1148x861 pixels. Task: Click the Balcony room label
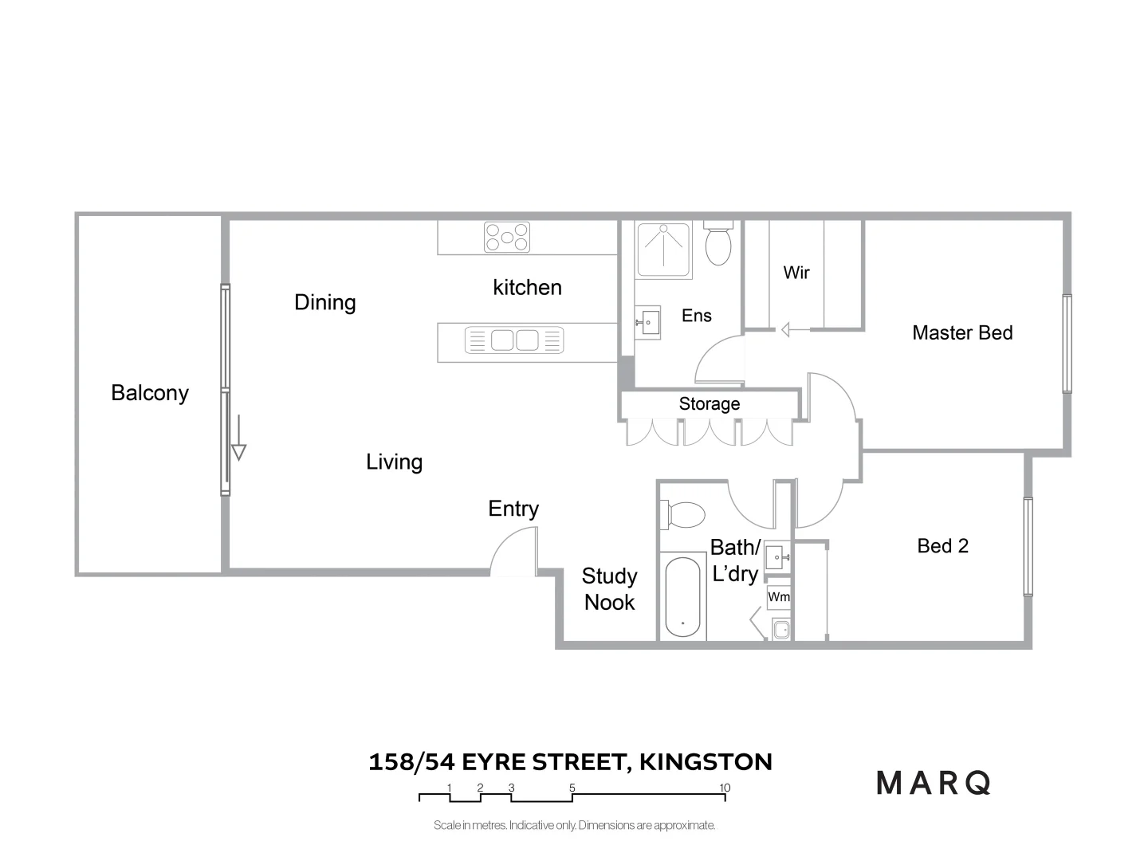click(x=150, y=393)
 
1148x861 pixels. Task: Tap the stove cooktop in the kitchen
click(x=507, y=237)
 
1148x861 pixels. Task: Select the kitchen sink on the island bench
click(x=514, y=340)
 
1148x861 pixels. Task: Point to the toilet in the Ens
click(x=718, y=245)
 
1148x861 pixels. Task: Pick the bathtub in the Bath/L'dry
click(x=682, y=597)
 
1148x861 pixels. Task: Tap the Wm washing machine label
click(x=779, y=597)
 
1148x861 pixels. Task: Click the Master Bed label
click(x=962, y=332)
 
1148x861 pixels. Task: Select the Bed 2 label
click(x=942, y=546)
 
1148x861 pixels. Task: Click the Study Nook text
click(x=609, y=589)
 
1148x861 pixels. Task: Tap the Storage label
click(x=709, y=404)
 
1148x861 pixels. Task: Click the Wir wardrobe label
click(x=796, y=273)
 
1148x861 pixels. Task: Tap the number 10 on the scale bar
click(x=725, y=788)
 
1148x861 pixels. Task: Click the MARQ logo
click(x=934, y=783)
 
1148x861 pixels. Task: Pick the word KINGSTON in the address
click(x=706, y=762)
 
